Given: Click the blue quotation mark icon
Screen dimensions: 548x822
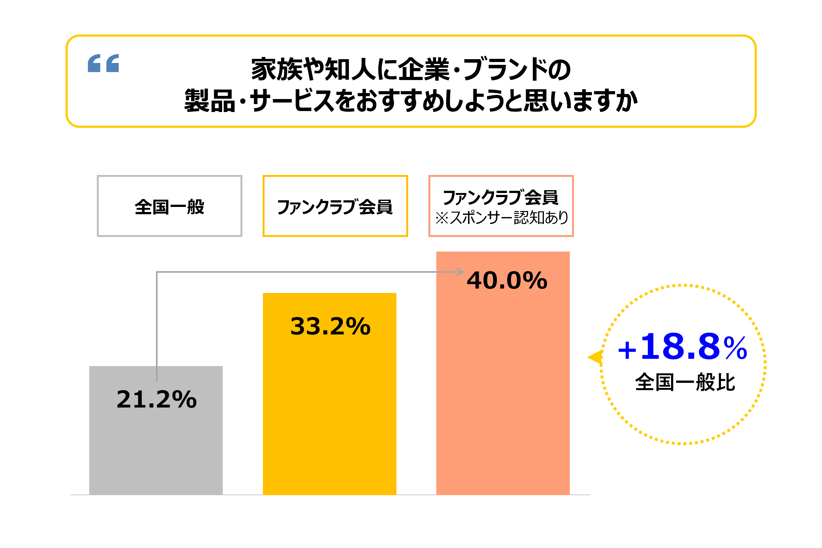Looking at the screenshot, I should [x=103, y=63].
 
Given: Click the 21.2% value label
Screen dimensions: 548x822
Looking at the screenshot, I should [x=157, y=400].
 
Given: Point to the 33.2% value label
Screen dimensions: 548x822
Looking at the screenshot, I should [x=330, y=327].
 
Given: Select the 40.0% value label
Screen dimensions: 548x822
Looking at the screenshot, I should [x=507, y=281].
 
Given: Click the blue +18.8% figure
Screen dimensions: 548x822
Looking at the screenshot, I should [x=682, y=347].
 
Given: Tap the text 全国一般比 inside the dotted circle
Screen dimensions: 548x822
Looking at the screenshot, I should [x=685, y=382].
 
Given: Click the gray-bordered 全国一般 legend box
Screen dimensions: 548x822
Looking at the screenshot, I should [x=170, y=206].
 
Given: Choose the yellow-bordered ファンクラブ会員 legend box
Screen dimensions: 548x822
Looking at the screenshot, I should [x=335, y=206].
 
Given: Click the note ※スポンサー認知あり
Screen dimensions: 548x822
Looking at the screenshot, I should [x=501, y=218].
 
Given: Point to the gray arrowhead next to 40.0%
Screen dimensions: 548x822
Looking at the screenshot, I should [x=461, y=272].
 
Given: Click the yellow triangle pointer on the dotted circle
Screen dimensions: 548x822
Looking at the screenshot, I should [x=595, y=357].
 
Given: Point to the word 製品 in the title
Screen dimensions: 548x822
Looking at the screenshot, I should [x=210, y=101].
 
